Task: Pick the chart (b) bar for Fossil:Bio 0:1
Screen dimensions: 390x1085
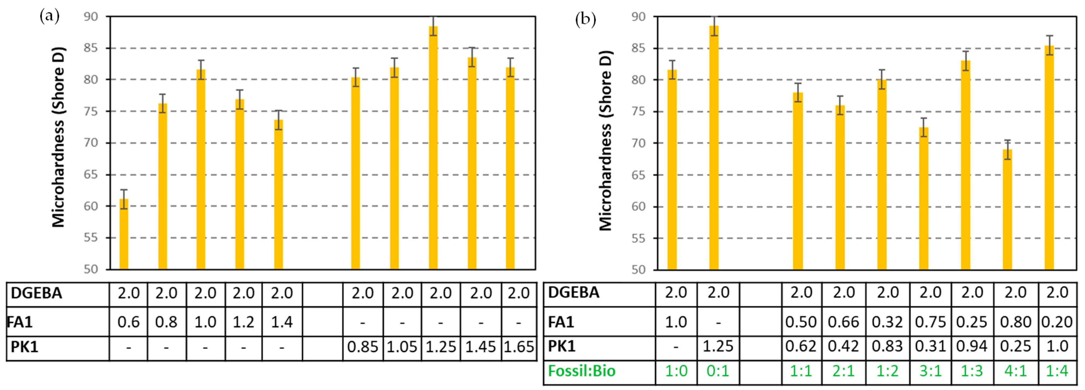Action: tap(714, 147)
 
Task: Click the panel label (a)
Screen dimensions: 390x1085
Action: tap(49, 17)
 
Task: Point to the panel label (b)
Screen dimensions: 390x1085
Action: tap(585, 19)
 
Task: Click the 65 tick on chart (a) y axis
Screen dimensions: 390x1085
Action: tap(90, 175)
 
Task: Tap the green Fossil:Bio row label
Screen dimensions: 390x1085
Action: tap(581, 371)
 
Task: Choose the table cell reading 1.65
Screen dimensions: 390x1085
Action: tap(519, 347)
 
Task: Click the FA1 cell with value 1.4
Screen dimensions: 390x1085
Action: tap(282, 322)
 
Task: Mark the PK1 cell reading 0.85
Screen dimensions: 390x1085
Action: tap(362, 347)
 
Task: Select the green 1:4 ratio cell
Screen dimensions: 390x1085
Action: tap(1057, 371)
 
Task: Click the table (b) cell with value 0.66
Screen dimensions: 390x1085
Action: tap(844, 322)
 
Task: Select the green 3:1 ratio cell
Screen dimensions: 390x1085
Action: tap(930, 371)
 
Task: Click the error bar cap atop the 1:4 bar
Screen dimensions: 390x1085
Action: tap(1050, 36)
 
